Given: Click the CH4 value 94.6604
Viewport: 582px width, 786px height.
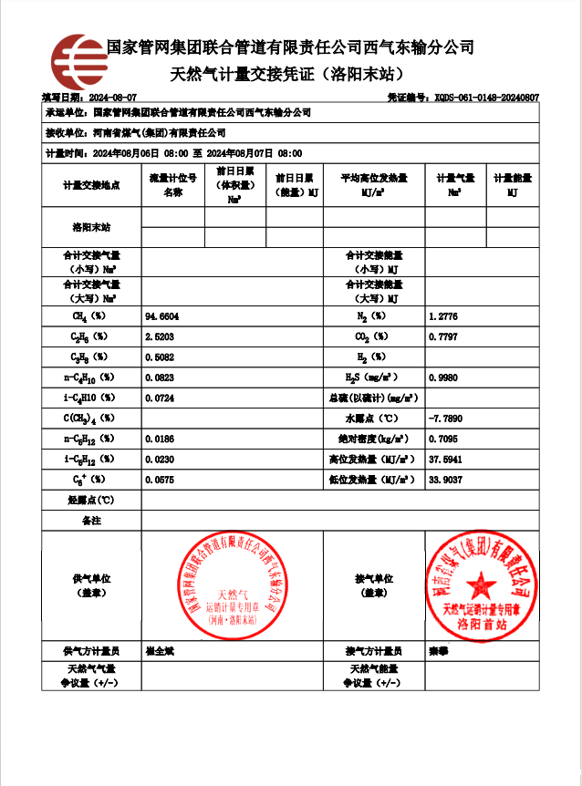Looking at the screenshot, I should point(162,316).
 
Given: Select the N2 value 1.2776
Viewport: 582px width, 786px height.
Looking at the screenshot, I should point(442,316).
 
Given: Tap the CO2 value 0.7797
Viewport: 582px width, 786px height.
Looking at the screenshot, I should point(442,336).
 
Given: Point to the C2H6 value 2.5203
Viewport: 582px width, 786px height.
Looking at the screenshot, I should point(160,336).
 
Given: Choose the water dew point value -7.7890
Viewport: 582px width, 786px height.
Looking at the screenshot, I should point(445,418).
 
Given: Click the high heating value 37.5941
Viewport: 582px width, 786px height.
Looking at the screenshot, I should point(445,459).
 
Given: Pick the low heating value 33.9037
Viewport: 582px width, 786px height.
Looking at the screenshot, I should point(445,479).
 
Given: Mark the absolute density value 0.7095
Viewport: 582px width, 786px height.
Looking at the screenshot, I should point(442,439).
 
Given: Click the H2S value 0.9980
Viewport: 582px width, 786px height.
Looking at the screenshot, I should point(442,377).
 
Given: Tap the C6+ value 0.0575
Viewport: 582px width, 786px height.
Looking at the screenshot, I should point(160,479).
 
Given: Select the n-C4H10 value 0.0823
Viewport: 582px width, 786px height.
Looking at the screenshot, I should point(160,377).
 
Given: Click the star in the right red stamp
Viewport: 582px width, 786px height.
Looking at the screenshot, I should point(481,581).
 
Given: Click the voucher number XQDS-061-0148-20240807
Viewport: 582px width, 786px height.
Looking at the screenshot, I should point(486,97).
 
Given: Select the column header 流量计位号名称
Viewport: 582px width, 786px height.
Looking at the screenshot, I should point(172,185).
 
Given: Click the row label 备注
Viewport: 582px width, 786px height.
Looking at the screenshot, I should point(91,520).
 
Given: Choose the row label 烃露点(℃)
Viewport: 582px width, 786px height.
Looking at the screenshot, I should point(91,500).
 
